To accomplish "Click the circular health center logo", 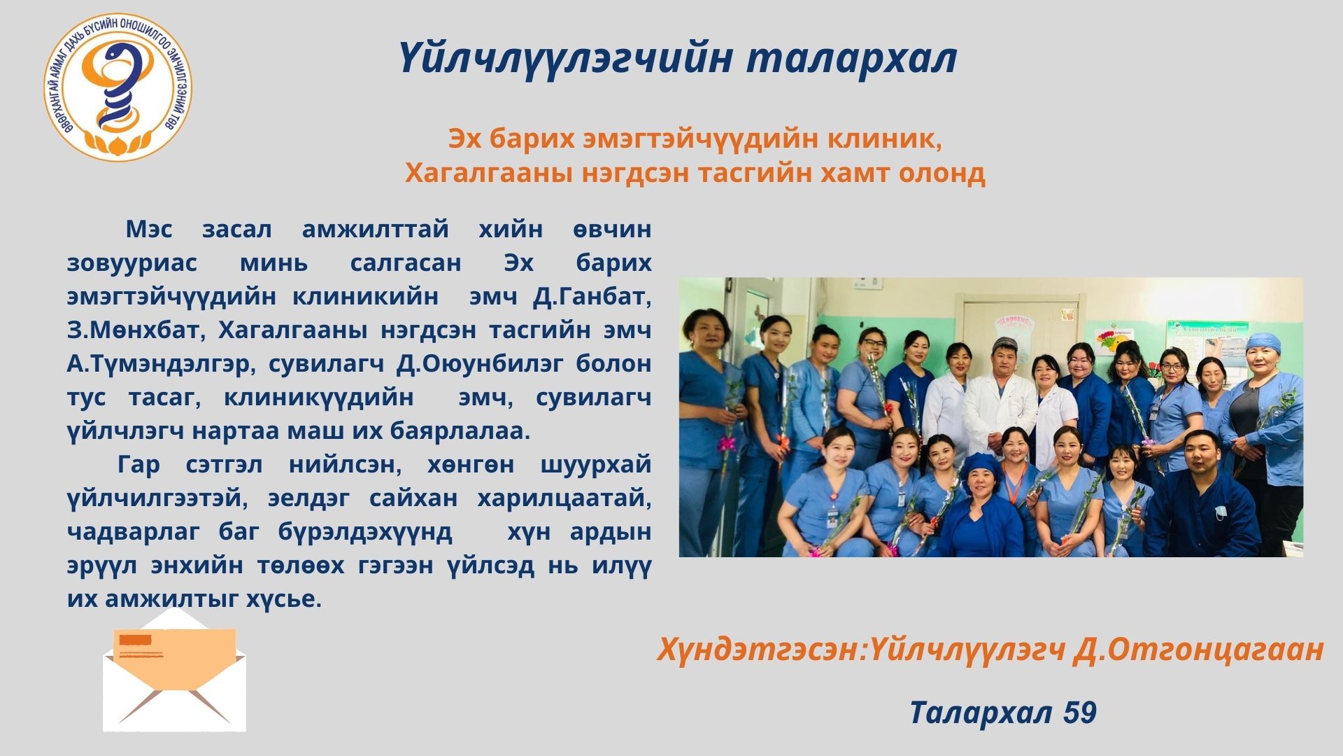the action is coord(118,87).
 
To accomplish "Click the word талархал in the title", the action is coord(851,58).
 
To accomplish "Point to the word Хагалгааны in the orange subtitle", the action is coord(486,172).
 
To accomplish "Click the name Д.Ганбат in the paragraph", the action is coord(592,296).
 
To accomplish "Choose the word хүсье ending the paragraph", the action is coord(283,599).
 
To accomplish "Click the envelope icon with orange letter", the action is coord(174,670).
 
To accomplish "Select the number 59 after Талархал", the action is coord(1079,713).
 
